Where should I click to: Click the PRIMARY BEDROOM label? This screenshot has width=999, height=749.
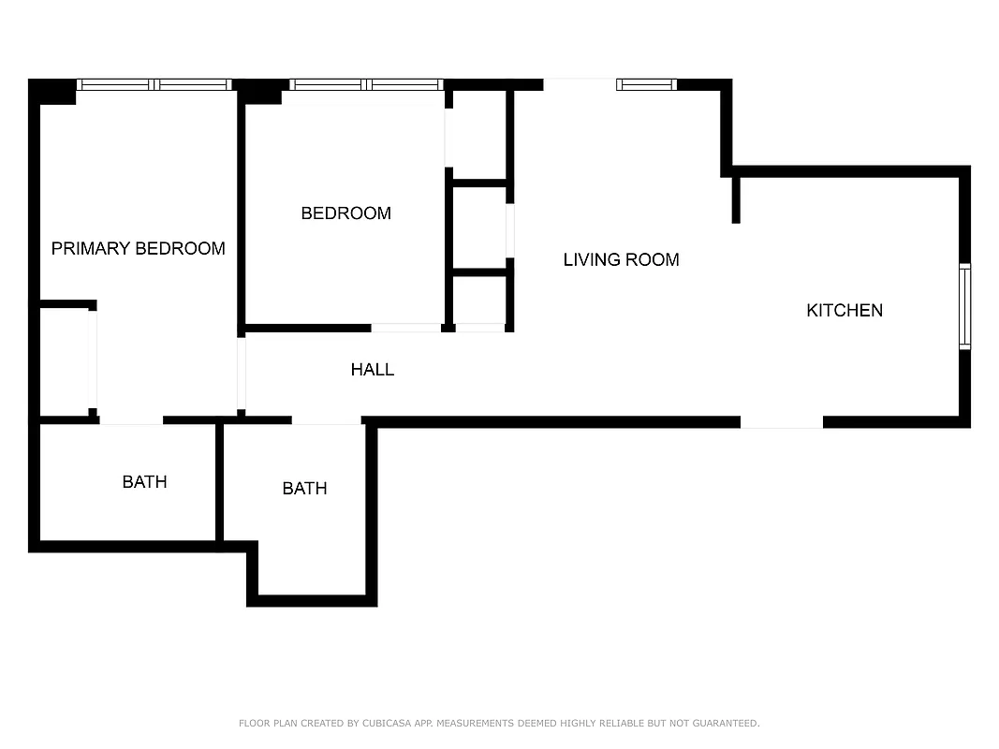(138, 248)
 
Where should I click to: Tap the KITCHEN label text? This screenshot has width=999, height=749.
(845, 310)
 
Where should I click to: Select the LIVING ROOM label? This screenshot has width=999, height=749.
(621, 259)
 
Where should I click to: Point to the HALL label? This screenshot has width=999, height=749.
(373, 370)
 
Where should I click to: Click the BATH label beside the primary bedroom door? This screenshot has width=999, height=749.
(144, 481)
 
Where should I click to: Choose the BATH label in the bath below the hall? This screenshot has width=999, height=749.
(304, 488)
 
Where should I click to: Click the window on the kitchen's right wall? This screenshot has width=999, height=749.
(964, 306)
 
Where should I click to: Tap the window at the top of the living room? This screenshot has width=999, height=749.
(646, 84)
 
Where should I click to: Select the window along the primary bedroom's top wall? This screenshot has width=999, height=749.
(154, 84)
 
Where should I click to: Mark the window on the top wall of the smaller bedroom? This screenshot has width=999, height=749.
(366, 84)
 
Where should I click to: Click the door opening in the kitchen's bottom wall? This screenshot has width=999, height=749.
(782, 422)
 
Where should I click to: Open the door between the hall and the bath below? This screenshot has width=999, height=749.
(326, 420)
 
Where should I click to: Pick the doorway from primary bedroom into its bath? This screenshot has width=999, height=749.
(131, 420)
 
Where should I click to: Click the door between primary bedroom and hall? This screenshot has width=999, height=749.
(241, 374)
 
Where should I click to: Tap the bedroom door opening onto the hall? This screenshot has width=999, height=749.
(406, 328)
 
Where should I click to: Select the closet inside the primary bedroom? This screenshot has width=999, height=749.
(64, 360)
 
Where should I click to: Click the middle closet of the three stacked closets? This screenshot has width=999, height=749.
(479, 228)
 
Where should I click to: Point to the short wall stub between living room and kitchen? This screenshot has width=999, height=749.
(736, 198)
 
